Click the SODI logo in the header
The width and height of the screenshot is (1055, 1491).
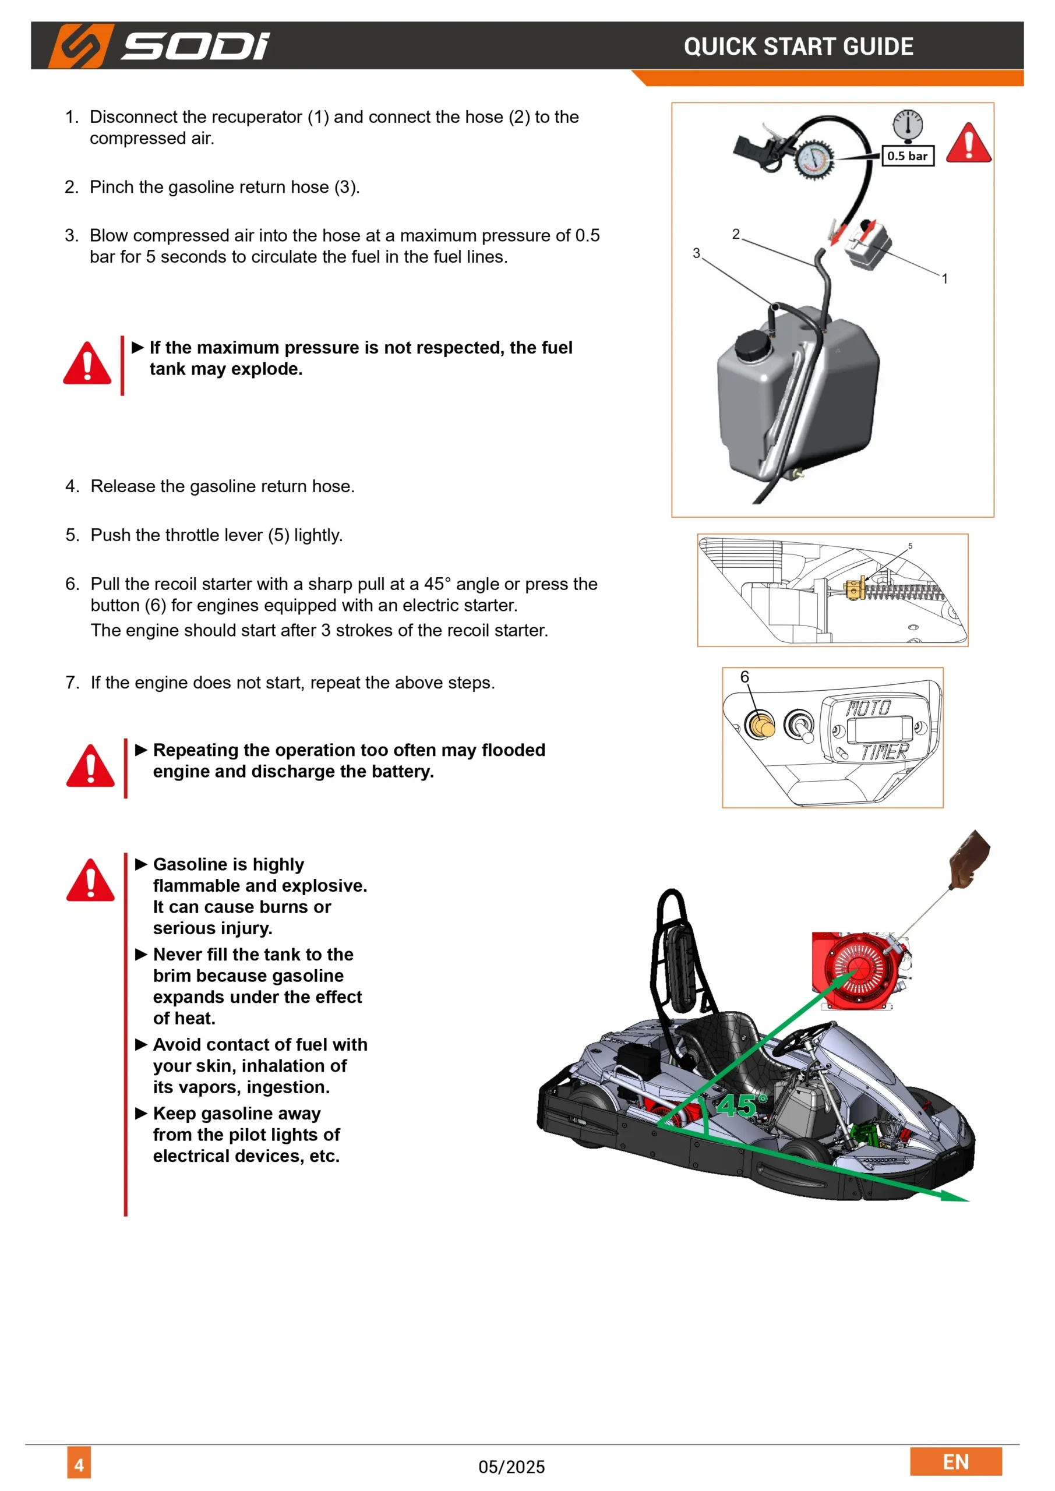tap(159, 46)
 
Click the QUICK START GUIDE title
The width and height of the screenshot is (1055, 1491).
tap(799, 47)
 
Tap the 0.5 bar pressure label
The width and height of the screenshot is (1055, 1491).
tap(908, 156)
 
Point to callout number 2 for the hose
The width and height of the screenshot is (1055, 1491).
tap(735, 234)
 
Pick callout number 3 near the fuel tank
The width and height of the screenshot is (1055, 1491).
tap(696, 253)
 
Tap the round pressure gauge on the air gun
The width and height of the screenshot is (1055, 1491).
tap(814, 159)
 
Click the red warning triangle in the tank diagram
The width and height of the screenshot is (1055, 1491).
tap(968, 143)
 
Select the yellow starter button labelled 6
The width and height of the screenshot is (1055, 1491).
tap(760, 724)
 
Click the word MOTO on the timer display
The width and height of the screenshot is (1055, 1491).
tap(869, 708)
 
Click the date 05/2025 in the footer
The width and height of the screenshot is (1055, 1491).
tap(511, 1467)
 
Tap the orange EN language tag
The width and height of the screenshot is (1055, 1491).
tap(955, 1462)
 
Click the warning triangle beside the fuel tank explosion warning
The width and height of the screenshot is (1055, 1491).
tap(87, 363)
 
